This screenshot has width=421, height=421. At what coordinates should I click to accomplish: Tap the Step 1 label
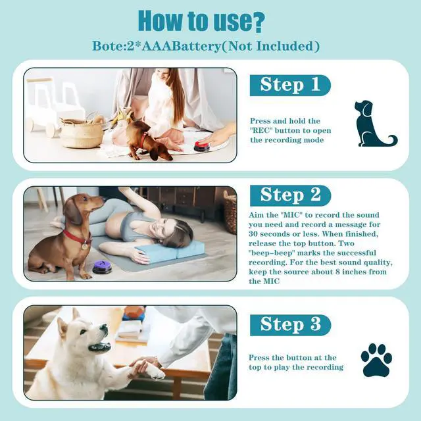[290, 85]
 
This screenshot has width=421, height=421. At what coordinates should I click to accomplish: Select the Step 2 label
[290, 195]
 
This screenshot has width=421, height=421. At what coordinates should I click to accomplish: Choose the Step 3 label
[290, 324]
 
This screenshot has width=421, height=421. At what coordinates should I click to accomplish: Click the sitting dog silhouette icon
[373, 124]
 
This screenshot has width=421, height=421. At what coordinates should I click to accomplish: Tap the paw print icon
[376, 360]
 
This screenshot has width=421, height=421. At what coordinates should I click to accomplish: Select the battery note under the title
[207, 46]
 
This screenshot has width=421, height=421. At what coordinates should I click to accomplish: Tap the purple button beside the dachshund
[102, 266]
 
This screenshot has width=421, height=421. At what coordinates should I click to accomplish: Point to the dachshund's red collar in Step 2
[78, 237]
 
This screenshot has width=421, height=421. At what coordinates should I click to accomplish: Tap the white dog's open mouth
[99, 346]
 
